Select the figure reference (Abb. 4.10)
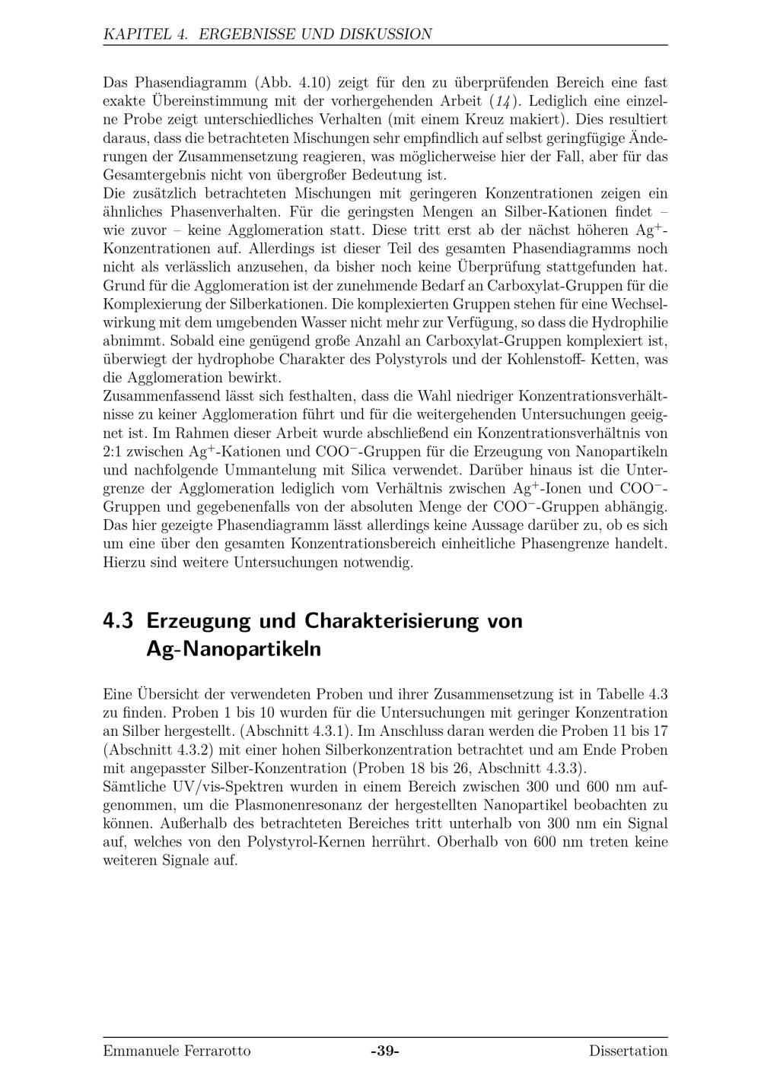(x=293, y=82)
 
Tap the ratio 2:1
(x=113, y=452)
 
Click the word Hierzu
(x=124, y=563)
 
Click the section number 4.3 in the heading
(x=118, y=620)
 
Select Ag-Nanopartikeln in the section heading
(x=233, y=649)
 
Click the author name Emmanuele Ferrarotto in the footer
(x=177, y=1051)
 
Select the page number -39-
(x=384, y=1051)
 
